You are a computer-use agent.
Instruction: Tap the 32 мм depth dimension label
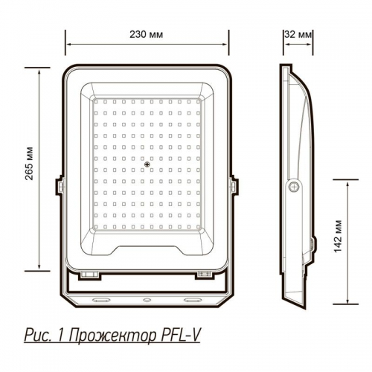[298, 35]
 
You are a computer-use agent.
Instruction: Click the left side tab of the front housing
[57, 186]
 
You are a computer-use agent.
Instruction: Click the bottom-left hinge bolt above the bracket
[91, 275]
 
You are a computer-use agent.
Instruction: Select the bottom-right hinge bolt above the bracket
[203, 275]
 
